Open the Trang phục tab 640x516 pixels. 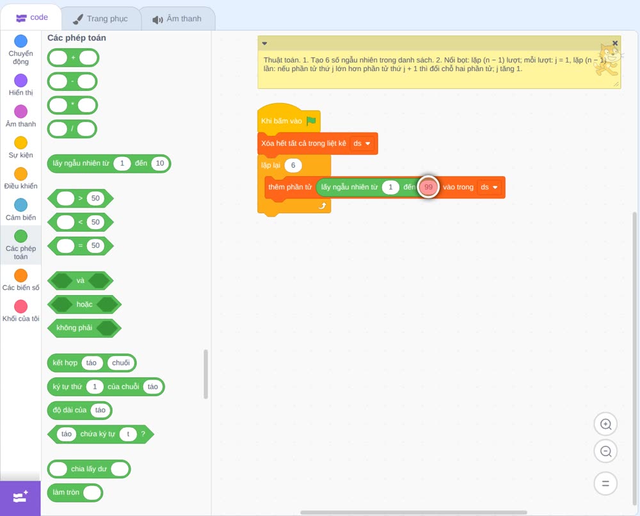tap(100, 19)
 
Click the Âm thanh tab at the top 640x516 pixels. tap(177, 19)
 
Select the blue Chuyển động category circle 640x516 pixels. tap(21, 41)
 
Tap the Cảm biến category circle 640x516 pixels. tap(21, 205)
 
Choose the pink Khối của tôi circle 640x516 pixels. tap(21, 306)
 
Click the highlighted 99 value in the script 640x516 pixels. tap(428, 187)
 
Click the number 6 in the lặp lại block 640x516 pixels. tap(293, 165)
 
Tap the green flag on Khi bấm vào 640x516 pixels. tap(311, 121)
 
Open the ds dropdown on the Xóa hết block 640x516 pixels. tap(362, 143)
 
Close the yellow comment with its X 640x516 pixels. tap(615, 43)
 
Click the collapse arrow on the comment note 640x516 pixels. tap(264, 44)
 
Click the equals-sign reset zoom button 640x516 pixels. tap(605, 483)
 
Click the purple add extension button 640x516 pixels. tap(20, 497)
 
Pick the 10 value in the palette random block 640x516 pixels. tap(160, 163)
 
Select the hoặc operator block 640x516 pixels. tap(84, 305)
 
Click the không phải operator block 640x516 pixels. tap(84, 328)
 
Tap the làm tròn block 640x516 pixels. tap(75, 493)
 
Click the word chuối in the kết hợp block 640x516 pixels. tap(121, 363)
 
